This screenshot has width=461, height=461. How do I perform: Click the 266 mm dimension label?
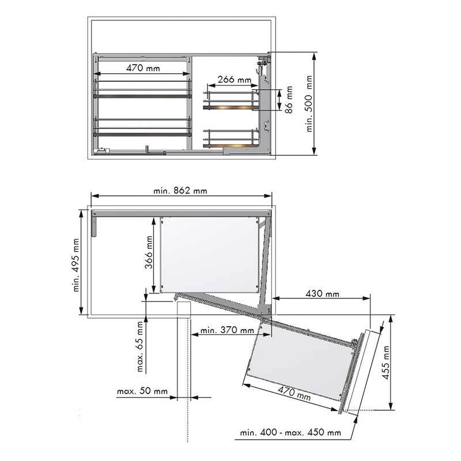pyautogui.click(x=235, y=80)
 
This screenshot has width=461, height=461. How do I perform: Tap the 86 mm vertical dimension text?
pyautogui.click(x=289, y=100)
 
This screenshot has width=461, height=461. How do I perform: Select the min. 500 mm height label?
pyautogui.click(x=309, y=104)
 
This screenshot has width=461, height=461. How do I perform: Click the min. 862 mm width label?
pyautogui.click(x=180, y=191)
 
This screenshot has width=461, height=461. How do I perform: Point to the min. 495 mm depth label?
pyautogui.click(x=76, y=265)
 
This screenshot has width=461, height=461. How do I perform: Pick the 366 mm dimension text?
pyautogui.click(x=149, y=252)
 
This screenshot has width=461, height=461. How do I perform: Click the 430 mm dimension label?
pyautogui.click(x=322, y=294)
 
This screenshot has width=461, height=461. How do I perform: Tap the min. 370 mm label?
pyautogui.click(x=227, y=330)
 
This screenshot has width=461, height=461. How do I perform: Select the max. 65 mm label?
pyautogui.click(x=140, y=346)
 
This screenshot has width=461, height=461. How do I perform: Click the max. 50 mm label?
pyautogui.click(x=142, y=391)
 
